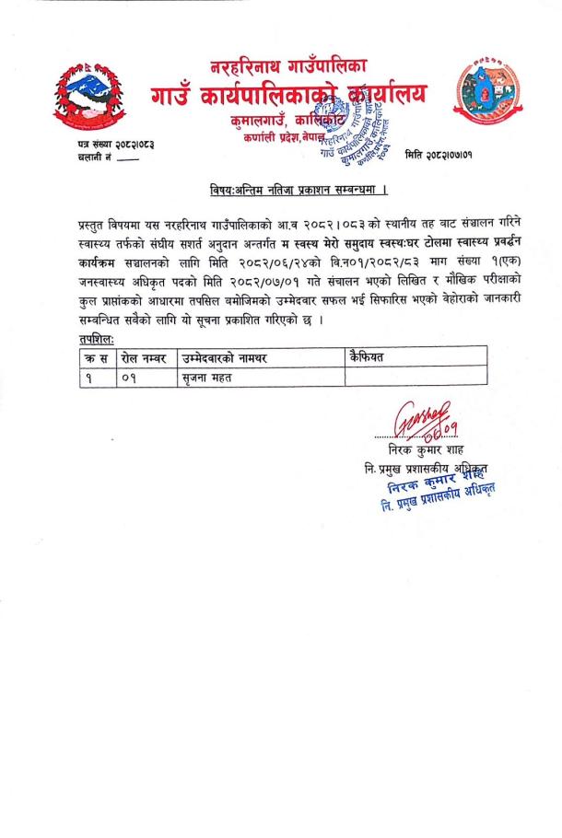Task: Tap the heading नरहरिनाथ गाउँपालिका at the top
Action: (288, 65)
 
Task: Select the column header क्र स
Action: (94, 357)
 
